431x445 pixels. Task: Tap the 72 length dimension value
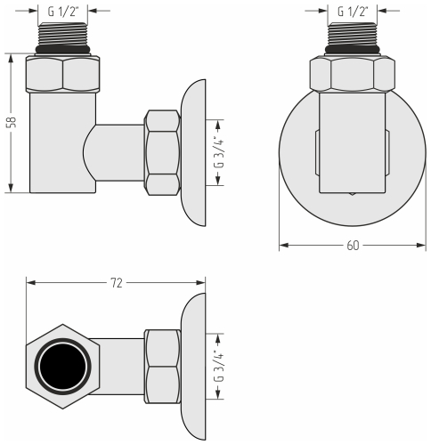pos(116,282)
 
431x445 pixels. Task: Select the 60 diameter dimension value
pos(353,246)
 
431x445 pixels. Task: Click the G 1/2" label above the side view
pos(63,12)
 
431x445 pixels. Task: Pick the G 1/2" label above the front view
pos(353,12)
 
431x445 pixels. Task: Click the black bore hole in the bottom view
pos(64,366)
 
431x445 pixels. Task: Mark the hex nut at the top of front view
pos(353,75)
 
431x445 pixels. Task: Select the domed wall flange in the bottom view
pos(193,366)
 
